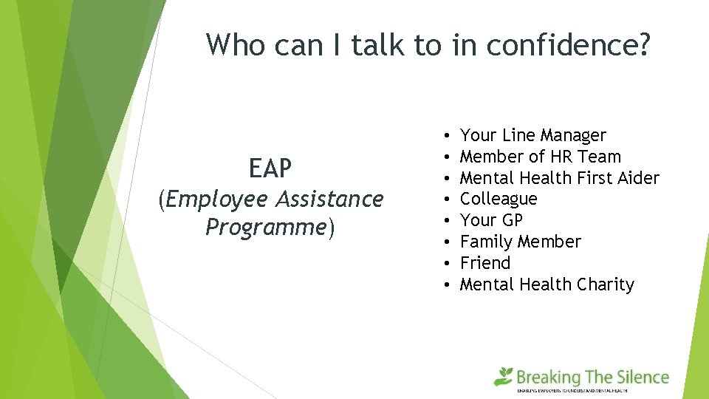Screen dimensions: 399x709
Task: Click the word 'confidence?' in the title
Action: pos(578,44)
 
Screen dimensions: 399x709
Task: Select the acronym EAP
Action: pos(270,169)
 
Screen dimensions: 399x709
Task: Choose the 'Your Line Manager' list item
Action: pos(532,135)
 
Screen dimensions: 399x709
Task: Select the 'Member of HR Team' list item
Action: pos(540,157)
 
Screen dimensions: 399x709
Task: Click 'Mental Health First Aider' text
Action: pos(559,178)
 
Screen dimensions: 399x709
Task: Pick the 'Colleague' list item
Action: pos(499,199)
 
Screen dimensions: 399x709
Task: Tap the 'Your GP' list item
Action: pos(491,220)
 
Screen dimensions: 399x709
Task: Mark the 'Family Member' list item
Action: pos(520,242)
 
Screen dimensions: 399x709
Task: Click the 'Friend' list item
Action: pos(484,263)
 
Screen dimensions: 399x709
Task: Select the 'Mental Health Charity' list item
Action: pos(547,284)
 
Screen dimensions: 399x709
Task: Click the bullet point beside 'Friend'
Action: pos(448,264)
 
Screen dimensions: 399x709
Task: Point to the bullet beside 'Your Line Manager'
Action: pos(448,136)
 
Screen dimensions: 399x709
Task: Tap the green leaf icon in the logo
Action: pos(504,376)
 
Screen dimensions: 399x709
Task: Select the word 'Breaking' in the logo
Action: pos(548,378)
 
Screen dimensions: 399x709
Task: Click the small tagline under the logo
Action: pos(592,390)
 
